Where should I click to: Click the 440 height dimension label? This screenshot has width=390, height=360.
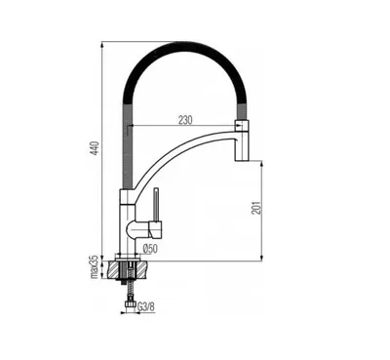pos(95,147)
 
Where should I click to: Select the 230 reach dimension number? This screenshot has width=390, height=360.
pos(185,120)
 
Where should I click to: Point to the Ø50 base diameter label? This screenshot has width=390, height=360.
pos(150,249)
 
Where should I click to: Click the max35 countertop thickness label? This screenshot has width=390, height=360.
pos(95,266)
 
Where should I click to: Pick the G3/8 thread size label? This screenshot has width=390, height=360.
pos(146,306)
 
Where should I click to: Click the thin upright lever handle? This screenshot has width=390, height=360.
pos(157,204)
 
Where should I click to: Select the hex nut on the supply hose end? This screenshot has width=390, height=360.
pos(129,304)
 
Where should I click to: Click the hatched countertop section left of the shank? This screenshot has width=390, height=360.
pos(115,269)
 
